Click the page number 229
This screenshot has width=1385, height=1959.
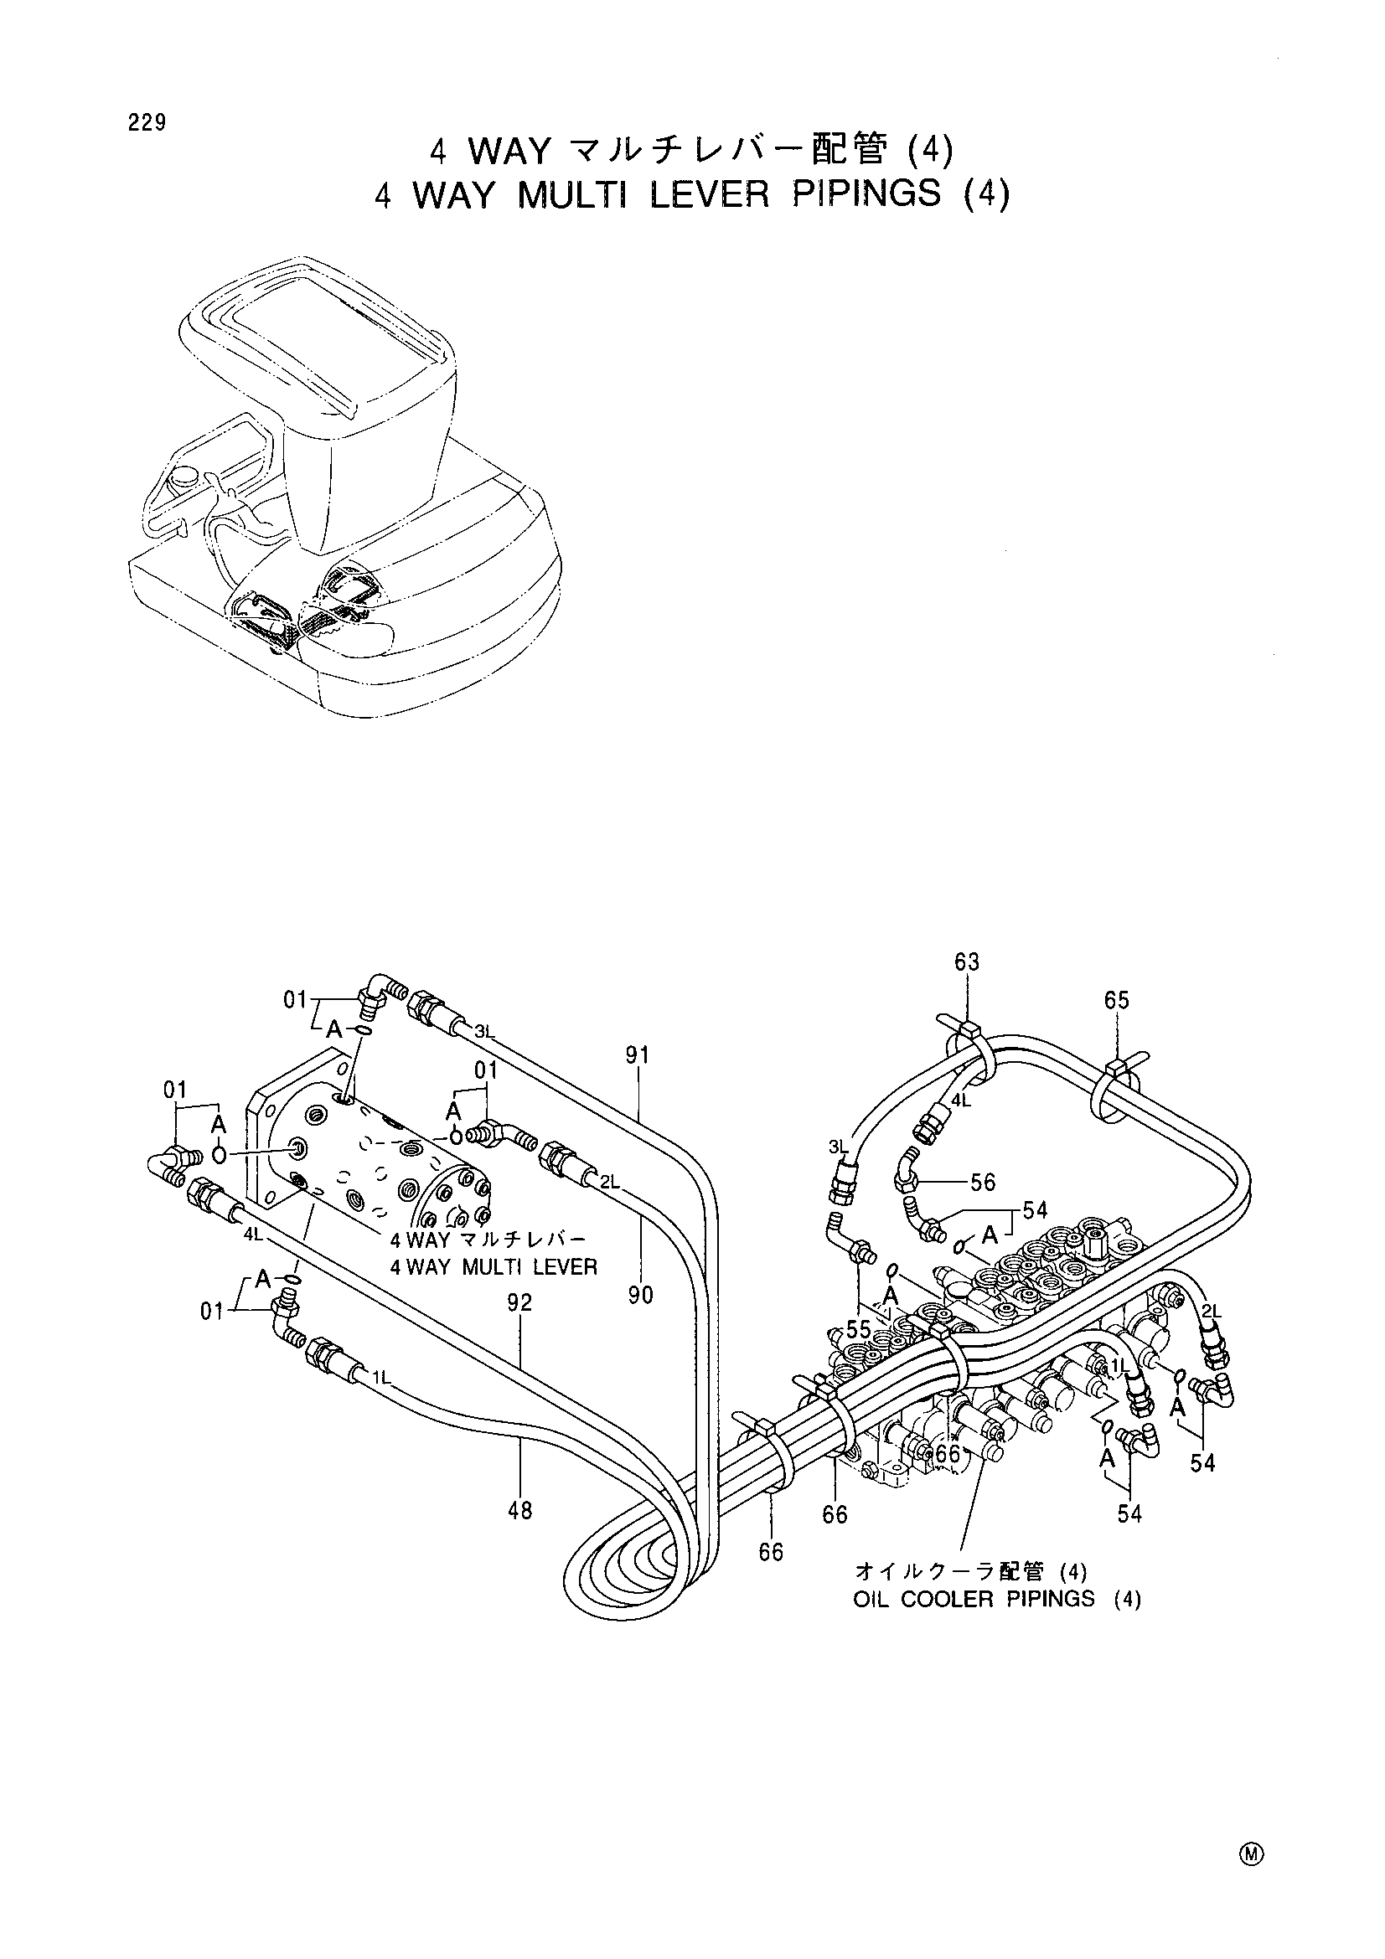(147, 123)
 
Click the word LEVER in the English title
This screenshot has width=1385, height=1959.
(708, 194)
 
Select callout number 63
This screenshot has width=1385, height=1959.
(967, 962)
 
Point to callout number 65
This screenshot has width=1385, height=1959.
(1116, 1000)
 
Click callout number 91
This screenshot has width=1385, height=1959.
(638, 1055)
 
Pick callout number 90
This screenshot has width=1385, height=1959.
(640, 1295)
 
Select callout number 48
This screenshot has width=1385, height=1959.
(519, 1510)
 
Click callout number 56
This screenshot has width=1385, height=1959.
(983, 1182)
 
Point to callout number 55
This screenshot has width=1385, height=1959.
(859, 1329)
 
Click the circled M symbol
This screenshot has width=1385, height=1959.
(1253, 1848)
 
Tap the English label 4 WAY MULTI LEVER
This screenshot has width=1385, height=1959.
(494, 1267)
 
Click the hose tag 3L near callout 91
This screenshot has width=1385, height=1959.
(484, 1031)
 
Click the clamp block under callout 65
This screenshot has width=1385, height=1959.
(1116, 1067)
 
